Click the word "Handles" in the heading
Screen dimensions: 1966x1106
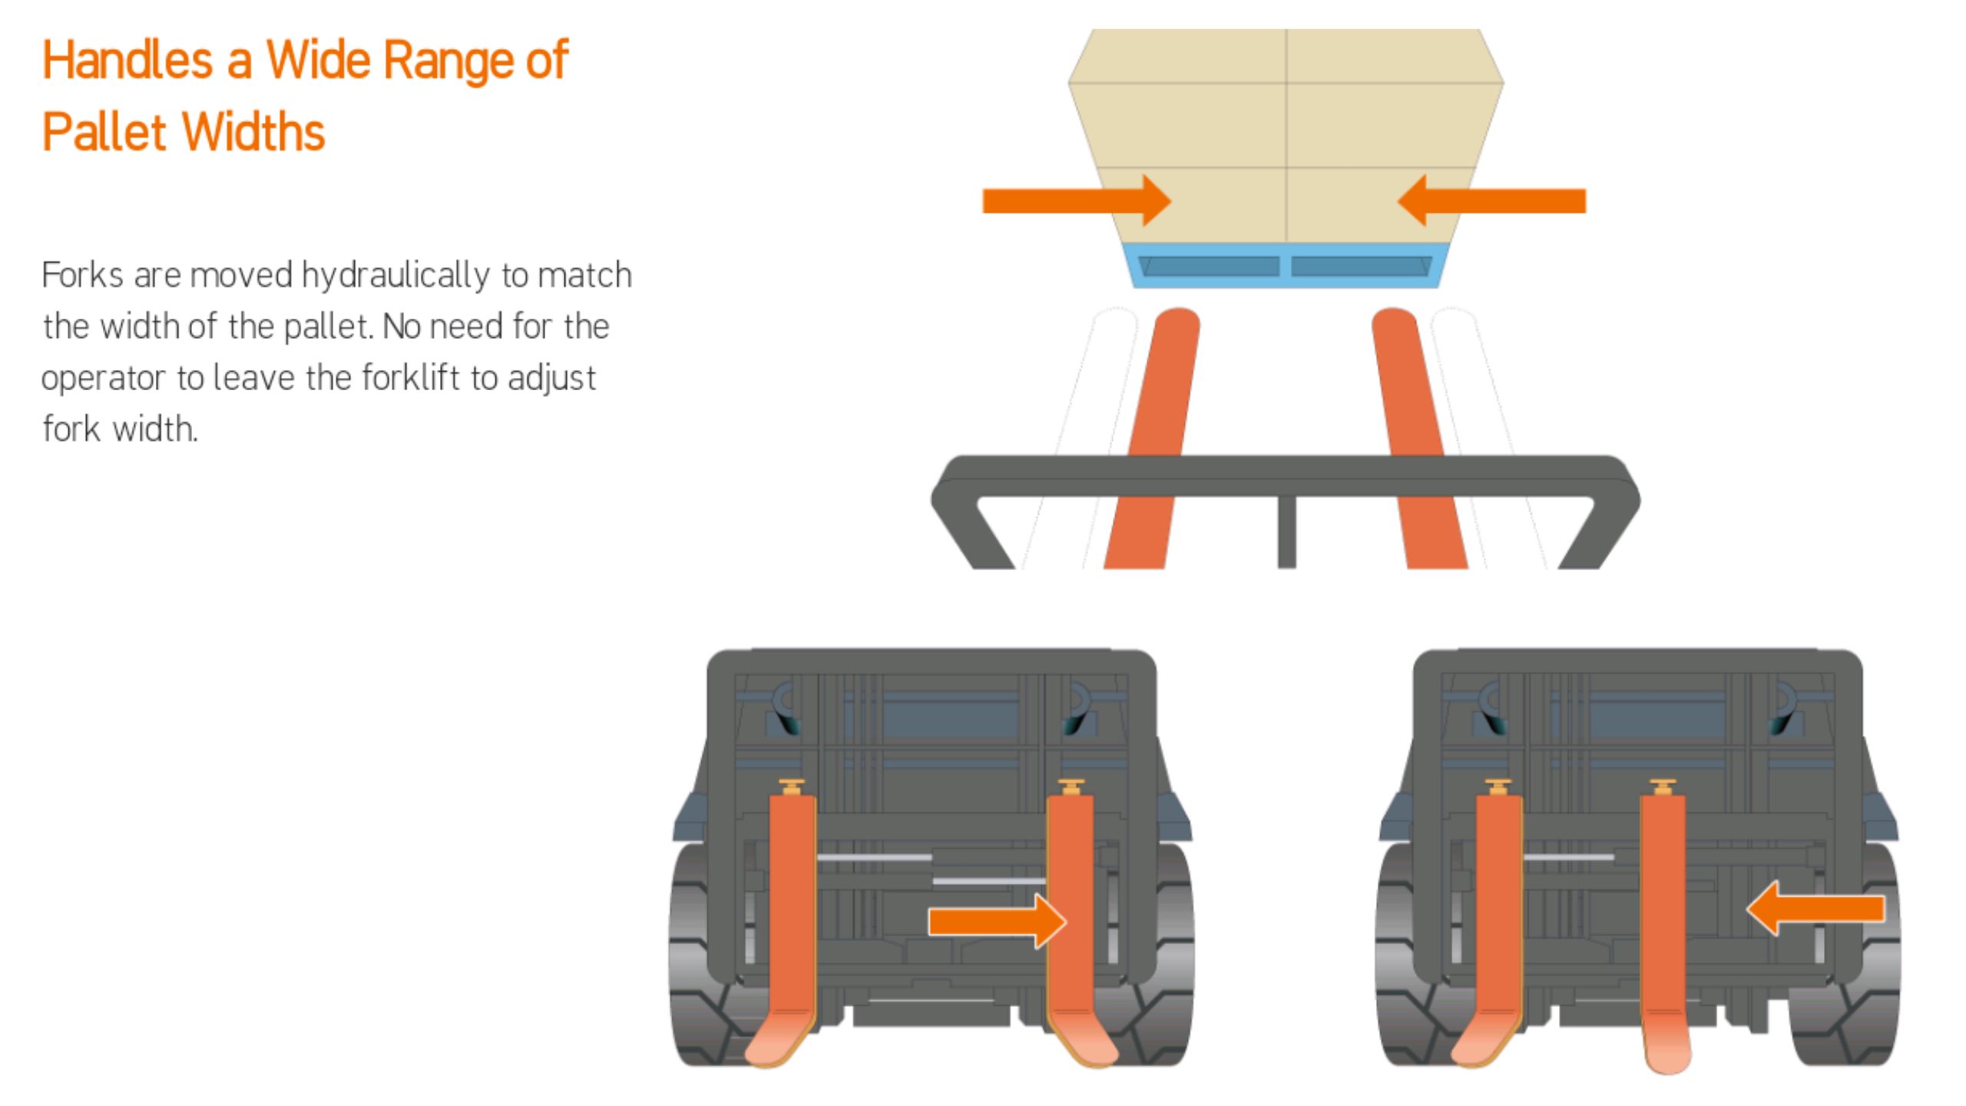pyautogui.click(x=127, y=60)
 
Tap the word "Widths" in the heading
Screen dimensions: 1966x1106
pyautogui.click(x=254, y=131)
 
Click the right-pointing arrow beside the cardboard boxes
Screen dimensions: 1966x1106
pyautogui.click(x=1077, y=200)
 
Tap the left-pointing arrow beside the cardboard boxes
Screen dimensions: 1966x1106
pyautogui.click(x=1491, y=200)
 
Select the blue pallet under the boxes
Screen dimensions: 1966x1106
pyautogui.click(x=1286, y=266)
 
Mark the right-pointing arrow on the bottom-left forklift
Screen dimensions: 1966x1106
pyautogui.click(x=998, y=921)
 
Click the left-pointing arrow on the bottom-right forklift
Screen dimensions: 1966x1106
pyautogui.click(x=1815, y=909)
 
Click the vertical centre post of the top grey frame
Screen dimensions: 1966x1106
pyautogui.click(x=1287, y=532)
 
